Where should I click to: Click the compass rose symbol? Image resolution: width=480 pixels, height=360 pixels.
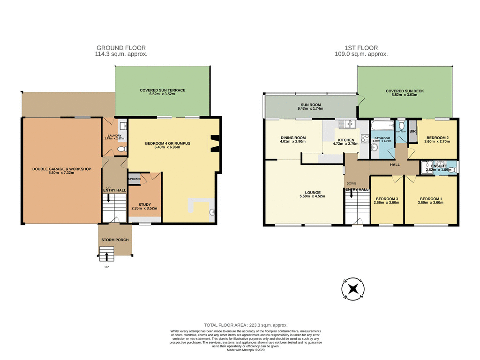[x=354, y=289]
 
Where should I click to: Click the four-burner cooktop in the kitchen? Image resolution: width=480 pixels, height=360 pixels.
[x=364, y=139]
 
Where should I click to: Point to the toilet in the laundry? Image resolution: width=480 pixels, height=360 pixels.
[x=120, y=149]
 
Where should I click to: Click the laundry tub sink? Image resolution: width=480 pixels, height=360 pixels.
[x=122, y=126]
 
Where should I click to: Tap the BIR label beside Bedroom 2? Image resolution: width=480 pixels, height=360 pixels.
[x=412, y=132]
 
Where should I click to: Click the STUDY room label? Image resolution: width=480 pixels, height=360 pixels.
[x=144, y=204]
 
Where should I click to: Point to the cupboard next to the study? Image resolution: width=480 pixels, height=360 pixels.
[x=135, y=179]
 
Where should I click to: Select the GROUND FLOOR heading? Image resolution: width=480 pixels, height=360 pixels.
[x=121, y=48]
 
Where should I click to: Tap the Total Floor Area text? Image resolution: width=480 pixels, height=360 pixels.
[x=246, y=325]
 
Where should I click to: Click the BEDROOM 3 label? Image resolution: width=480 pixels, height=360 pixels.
[x=387, y=199]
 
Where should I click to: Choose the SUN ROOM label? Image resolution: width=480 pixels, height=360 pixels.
[x=307, y=105]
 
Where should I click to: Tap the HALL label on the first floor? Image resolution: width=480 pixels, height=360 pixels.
[x=394, y=165]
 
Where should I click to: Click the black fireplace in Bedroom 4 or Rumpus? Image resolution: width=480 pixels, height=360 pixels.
[x=215, y=144]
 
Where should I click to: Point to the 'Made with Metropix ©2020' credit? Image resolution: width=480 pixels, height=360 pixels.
[x=246, y=350]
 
